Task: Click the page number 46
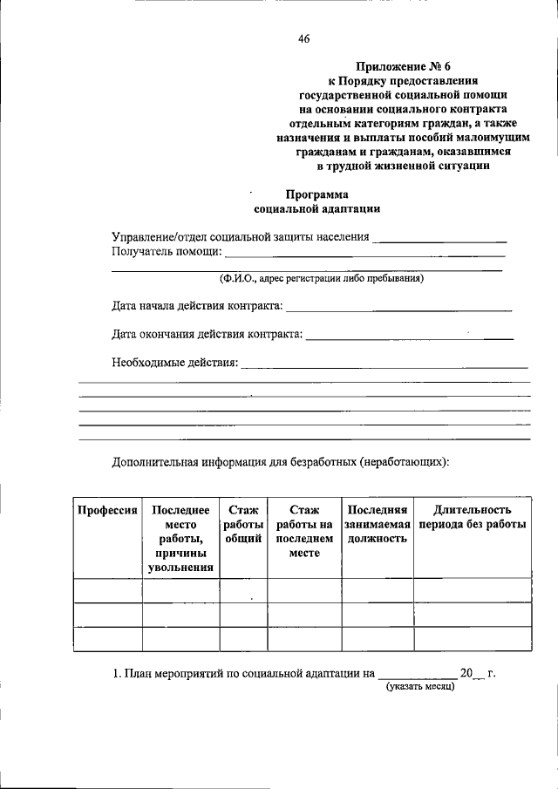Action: pos(303,37)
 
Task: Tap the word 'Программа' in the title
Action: pos(316,194)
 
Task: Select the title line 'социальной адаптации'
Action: pos(316,209)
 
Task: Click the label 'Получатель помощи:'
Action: pos(167,252)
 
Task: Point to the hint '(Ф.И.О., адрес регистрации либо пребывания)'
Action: pos(321,279)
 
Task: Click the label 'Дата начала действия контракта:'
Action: pos(197,306)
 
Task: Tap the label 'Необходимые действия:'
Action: pos(174,362)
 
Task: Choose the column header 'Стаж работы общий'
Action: pos(242,524)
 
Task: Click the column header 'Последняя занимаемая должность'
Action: pos(377,524)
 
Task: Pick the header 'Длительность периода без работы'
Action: pos(472,517)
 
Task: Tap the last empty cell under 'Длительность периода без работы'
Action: pos(472,639)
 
